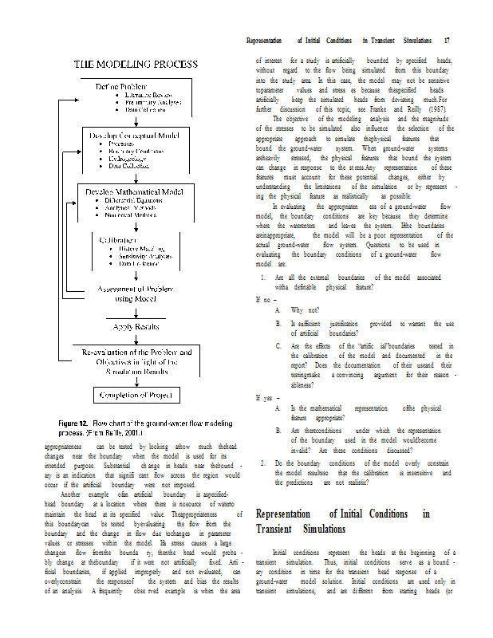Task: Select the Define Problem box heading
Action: [x=120, y=86]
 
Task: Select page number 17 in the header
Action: [x=447, y=40]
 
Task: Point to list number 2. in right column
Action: [x=263, y=462]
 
